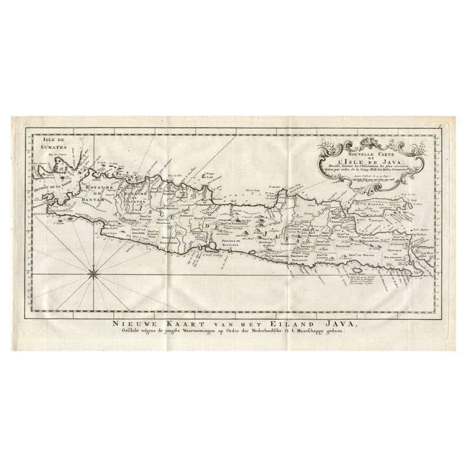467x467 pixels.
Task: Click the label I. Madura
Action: (x=376, y=205)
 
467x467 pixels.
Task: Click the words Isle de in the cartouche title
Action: (x=359, y=160)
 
